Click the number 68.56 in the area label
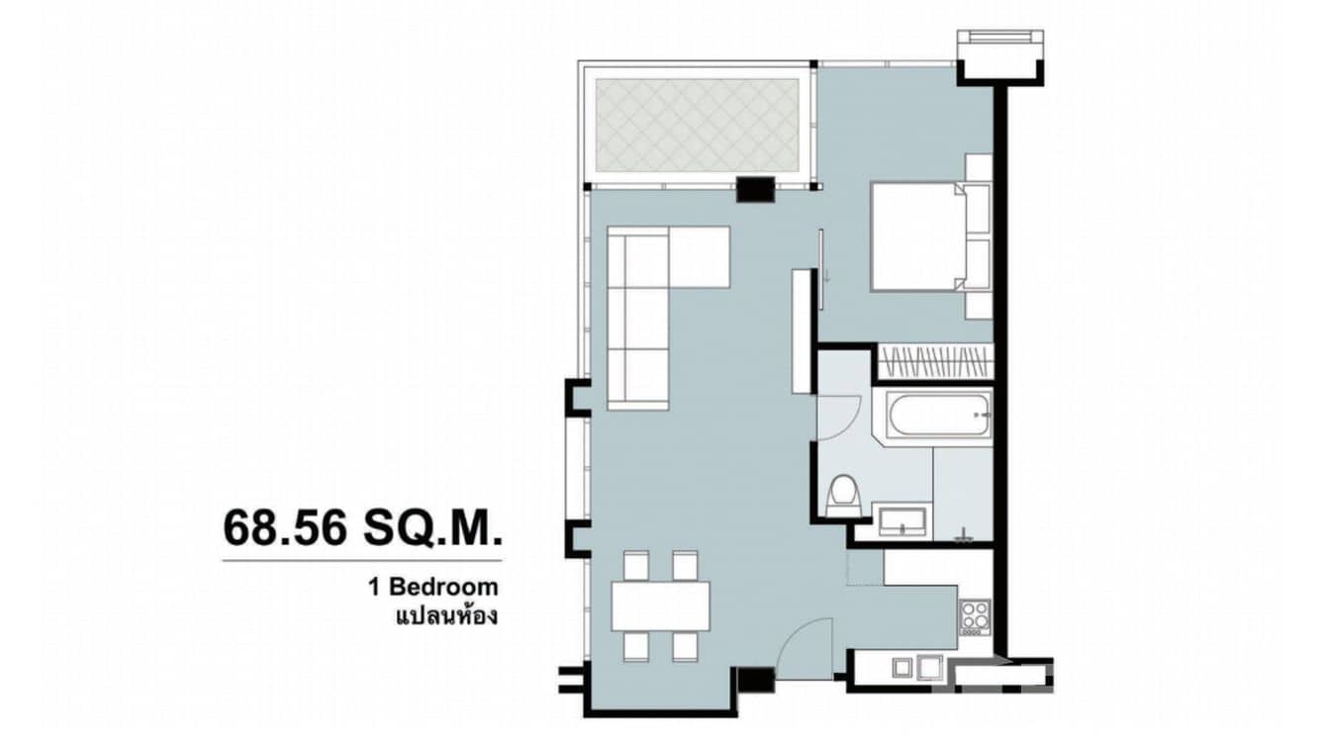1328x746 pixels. tap(284, 528)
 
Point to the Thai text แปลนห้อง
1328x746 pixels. tap(445, 616)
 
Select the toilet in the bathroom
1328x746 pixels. tap(843, 494)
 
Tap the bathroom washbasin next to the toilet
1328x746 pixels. tap(901, 520)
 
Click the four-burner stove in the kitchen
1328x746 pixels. tap(974, 614)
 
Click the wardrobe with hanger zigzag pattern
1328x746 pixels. tap(934, 362)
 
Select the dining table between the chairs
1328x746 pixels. tap(661, 606)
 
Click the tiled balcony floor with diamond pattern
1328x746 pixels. tap(697, 125)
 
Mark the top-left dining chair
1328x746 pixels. tap(635, 566)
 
